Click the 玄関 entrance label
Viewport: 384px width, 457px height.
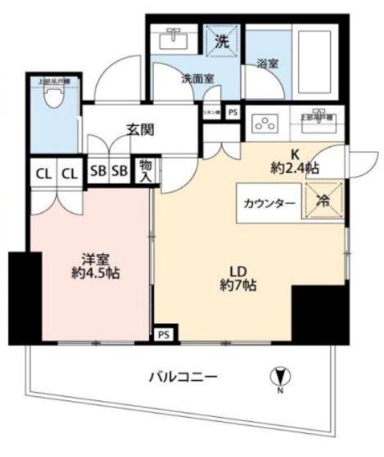(x=142, y=129)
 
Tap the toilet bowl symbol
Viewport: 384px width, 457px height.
(x=54, y=99)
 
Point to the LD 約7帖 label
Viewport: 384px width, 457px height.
(x=238, y=278)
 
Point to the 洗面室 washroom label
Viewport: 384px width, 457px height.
(x=197, y=79)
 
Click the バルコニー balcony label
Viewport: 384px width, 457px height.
(x=183, y=378)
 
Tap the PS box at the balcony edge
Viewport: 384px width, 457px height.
(x=163, y=333)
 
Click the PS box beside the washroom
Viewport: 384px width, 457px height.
(x=233, y=113)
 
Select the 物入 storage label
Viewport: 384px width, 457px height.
(x=146, y=170)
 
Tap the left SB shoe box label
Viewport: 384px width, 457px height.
(x=97, y=171)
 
